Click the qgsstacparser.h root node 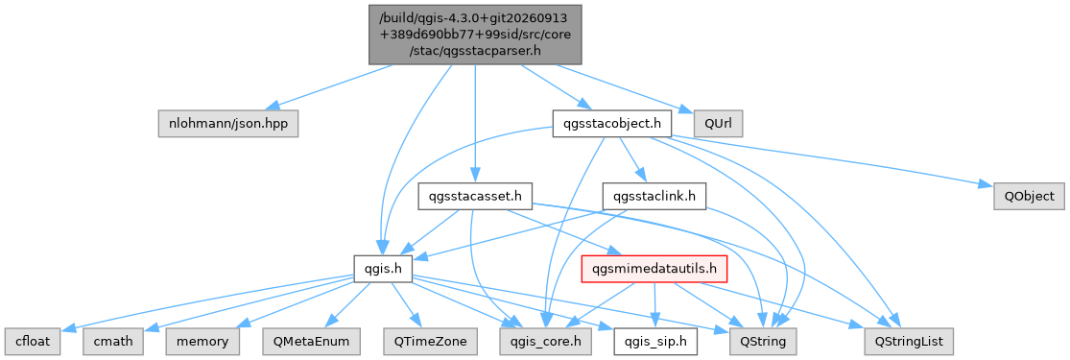475,35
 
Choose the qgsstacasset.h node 476,197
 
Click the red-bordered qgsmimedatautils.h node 654,269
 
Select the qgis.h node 383,269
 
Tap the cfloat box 34,342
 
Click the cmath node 114,342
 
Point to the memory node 202,342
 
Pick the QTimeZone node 430,342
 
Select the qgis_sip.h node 655,342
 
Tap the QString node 763,342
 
